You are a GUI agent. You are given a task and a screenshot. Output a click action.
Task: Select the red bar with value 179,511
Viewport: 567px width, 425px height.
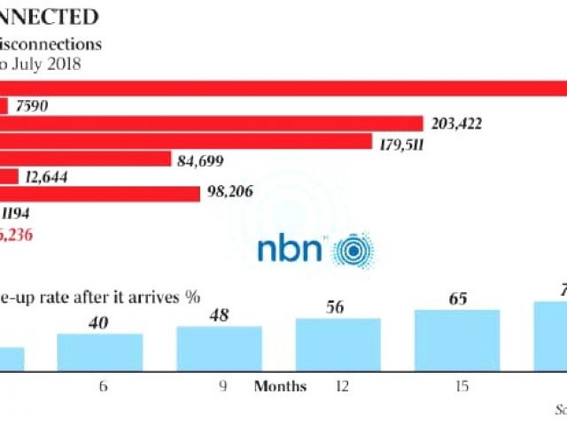185,141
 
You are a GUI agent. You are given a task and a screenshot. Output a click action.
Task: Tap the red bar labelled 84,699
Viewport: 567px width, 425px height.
85,158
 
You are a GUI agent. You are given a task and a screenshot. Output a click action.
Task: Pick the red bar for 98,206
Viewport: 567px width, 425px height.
100,194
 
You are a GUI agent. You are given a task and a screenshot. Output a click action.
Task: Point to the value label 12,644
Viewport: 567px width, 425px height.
47,177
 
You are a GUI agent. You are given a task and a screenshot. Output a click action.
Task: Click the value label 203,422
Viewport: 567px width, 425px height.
456,124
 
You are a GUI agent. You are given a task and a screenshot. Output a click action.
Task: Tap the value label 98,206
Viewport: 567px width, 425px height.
229,195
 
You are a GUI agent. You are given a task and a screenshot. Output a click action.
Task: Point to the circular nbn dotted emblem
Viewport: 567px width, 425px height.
353,250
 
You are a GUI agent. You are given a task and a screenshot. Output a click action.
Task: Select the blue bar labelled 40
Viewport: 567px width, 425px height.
99,352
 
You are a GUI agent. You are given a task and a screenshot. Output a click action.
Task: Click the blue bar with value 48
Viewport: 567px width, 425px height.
219,348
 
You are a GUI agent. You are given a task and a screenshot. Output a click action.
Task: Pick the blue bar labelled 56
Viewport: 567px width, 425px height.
338,344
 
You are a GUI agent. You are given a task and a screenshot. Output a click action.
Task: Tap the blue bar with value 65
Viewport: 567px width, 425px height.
457,340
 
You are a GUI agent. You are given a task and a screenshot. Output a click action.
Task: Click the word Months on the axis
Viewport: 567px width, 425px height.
280,386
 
